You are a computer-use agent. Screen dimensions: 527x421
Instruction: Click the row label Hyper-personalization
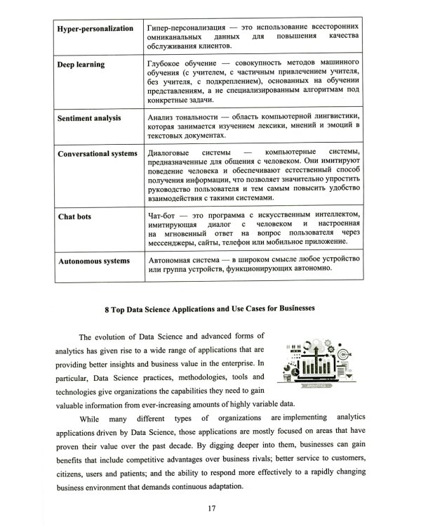point(94,28)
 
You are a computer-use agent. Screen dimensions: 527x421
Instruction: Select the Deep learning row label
point(81,65)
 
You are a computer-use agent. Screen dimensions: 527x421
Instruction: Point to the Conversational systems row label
point(98,154)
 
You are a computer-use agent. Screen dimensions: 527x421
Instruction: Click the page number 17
point(210,507)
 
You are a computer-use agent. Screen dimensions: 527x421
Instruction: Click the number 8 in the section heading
point(105,308)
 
